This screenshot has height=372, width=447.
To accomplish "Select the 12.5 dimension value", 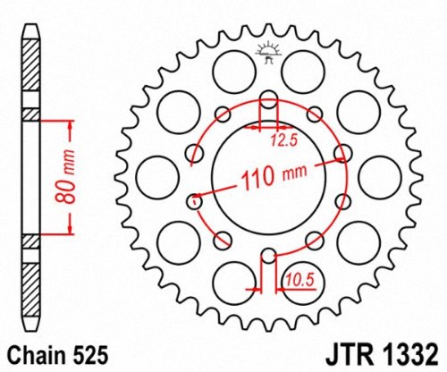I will point(285,139).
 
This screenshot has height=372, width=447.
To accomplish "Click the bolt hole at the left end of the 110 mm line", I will point(191,201).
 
